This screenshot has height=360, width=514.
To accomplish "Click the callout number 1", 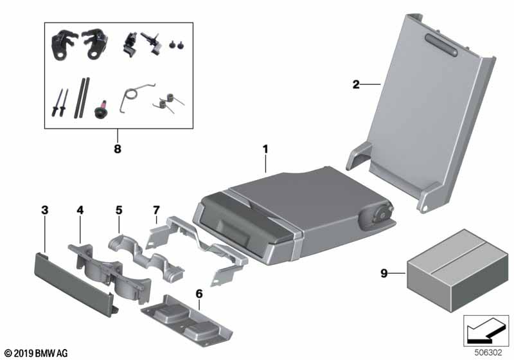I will point(265,149).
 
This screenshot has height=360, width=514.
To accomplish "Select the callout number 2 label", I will point(355,84).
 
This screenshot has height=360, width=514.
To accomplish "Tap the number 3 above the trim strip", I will point(44,210).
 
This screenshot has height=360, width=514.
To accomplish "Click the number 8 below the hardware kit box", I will point(118,149).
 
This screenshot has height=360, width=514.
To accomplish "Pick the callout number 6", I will point(199,293).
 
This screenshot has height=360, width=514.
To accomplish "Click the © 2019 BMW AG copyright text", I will point(35,353).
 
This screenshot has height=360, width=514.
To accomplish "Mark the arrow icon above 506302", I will point(487,331).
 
